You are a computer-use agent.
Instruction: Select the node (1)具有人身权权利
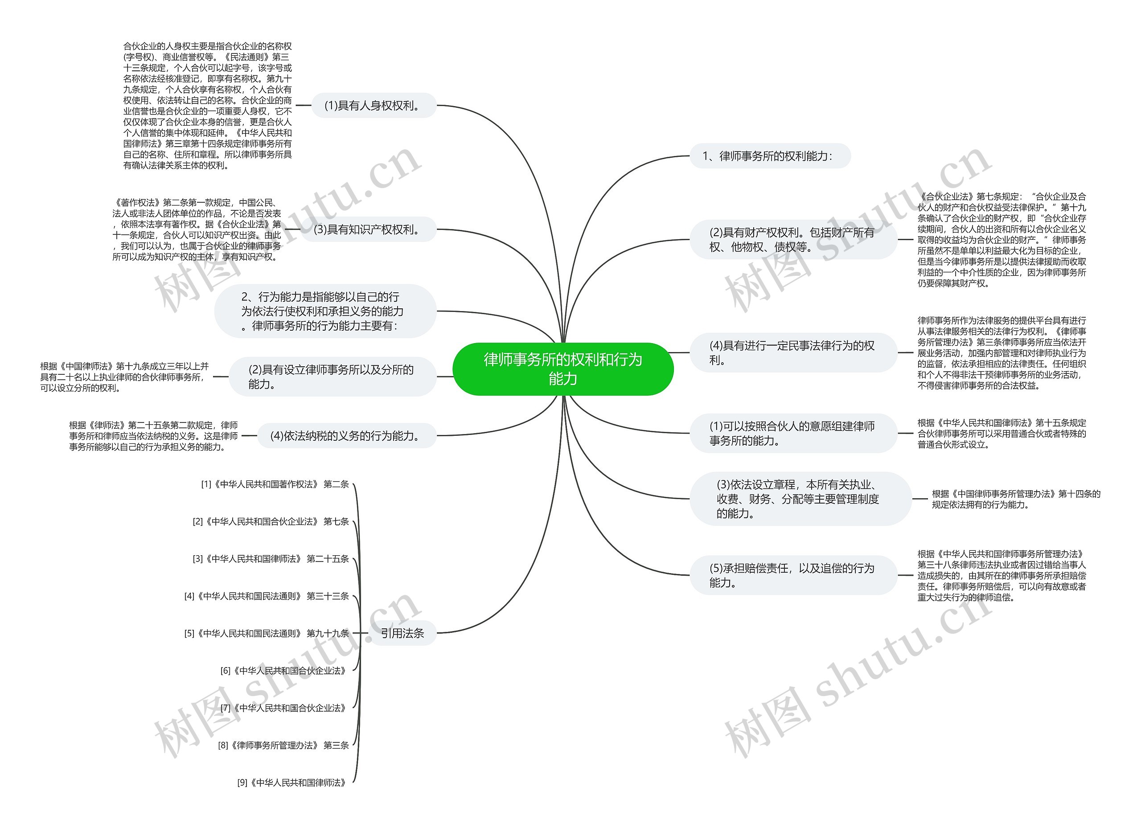(373, 106)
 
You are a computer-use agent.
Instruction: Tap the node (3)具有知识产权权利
(368, 230)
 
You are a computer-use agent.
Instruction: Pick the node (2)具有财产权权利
(792, 239)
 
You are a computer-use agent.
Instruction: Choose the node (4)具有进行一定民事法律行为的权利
(792, 353)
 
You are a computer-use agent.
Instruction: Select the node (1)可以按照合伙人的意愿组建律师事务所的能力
(792, 433)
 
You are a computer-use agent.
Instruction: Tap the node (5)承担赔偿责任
(792, 575)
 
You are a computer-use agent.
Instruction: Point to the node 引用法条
(402, 633)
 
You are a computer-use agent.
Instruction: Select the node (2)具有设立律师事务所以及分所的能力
(332, 376)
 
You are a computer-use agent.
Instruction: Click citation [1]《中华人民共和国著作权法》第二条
(275, 484)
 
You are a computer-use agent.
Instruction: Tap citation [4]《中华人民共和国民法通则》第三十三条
(266, 596)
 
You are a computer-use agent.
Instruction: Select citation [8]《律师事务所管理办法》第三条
(283, 745)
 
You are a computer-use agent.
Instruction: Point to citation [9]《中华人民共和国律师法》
(292, 782)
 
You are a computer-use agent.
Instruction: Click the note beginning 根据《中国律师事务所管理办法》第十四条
(1016, 499)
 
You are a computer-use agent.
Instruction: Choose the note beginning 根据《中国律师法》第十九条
(124, 377)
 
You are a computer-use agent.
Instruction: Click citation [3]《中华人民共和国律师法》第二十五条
(271, 559)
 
